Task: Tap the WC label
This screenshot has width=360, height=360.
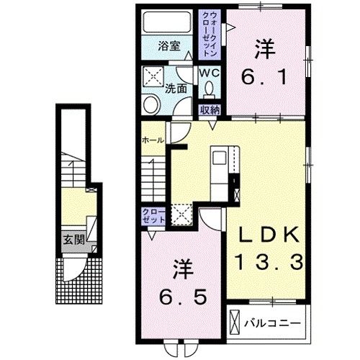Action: pyautogui.click(x=208, y=73)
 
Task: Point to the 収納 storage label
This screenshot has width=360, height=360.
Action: pyautogui.click(x=209, y=110)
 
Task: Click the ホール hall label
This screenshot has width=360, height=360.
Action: pyautogui.click(x=153, y=139)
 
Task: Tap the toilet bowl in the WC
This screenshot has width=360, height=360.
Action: pyautogui.click(x=210, y=88)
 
